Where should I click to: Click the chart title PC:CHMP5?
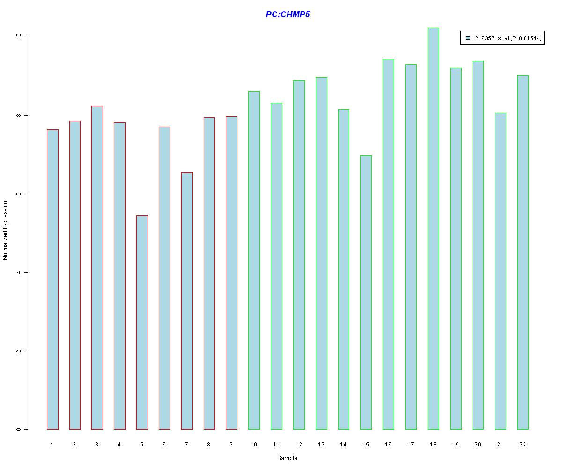(288, 15)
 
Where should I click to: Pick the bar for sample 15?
(366, 292)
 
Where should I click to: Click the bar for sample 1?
(52, 279)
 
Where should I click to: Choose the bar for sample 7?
(187, 300)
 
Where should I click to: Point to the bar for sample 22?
(523, 252)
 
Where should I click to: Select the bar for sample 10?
(254, 260)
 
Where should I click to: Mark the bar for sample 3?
(97, 267)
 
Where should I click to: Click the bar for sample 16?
(388, 244)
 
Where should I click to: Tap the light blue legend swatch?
(468, 38)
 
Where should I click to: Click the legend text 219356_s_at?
(491, 39)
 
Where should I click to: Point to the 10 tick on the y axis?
(25, 37)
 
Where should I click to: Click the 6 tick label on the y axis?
(18, 194)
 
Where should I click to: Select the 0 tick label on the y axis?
(18, 429)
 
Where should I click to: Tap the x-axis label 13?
(321, 445)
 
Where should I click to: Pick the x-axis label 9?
(231, 445)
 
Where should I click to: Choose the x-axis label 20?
(478, 445)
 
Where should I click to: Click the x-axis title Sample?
(287, 458)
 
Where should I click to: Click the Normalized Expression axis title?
(6, 230)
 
